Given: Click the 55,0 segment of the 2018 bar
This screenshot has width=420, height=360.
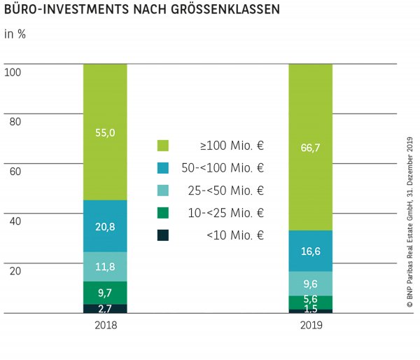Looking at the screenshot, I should click(105, 132).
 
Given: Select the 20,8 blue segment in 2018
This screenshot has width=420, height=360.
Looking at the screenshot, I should click(105, 226).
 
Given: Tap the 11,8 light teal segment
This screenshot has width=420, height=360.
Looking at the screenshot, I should click(105, 266).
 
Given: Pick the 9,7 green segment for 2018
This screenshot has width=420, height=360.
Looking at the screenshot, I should click(105, 293).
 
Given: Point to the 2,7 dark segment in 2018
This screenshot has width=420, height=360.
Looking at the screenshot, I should click(105, 309).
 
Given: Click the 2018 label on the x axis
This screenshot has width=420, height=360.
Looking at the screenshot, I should click(105, 326).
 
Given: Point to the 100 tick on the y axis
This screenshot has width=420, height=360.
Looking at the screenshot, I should click(13, 71).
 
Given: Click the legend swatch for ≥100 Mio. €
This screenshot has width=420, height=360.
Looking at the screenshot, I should click(163, 146).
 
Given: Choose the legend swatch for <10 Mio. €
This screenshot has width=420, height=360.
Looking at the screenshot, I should click(163, 235).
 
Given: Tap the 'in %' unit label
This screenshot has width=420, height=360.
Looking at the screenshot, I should click(15, 34).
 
